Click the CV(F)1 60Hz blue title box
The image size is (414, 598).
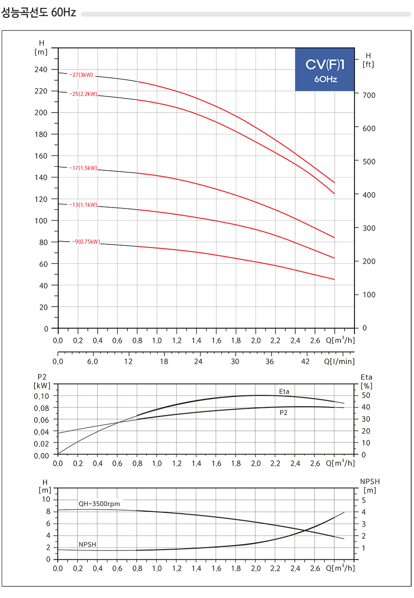[x=325, y=69]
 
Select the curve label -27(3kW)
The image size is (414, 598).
[x=81, y=75]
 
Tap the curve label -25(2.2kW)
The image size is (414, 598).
[x=83, y=94]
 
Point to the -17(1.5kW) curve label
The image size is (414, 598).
[x=83, y=168]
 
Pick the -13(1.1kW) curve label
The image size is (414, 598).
[x=83, y=205]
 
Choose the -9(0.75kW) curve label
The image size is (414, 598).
[x=86, y=242]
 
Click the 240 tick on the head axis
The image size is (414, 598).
[x=41, y=69]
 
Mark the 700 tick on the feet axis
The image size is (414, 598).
[x=369, y=95]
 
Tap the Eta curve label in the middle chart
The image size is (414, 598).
[x=284, y=391]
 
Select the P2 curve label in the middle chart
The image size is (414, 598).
[x=284, y=412]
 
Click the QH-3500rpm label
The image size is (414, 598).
[x=99, y=503]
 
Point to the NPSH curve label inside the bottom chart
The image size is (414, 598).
[x=87, y=544]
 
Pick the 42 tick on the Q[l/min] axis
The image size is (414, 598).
[x=305, y=361]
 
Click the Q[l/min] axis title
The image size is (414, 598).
[x=339, y=361]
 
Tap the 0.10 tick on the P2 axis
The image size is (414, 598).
[x=42, y=396]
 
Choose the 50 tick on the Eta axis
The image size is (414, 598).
[x=366, y=395]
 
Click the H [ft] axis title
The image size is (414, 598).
[x=368, y=60]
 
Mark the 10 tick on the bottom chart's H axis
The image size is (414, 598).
[x=46, y=500]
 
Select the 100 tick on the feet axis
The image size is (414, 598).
[x=369, y=295]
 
